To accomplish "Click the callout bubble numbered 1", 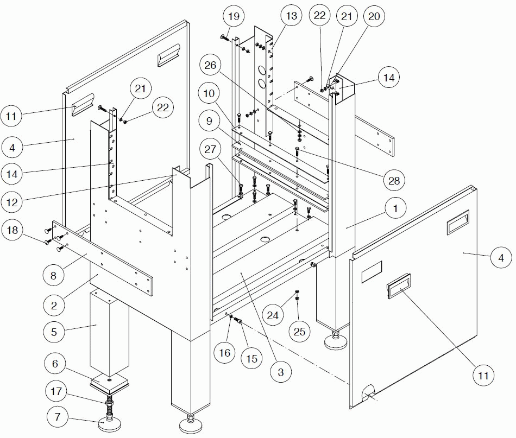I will (x=396, y=208).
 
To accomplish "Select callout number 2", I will (x=54, y=306).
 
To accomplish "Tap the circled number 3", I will (x=280, y=372).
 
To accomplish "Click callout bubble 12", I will (x=13, y=202).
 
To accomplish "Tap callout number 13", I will (x=292, y=16).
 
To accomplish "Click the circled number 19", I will (x=233, y=16).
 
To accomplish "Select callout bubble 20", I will (x=374, y=16).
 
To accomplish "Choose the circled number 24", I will (x=275, y=313).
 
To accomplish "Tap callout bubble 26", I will (x=210, y=66).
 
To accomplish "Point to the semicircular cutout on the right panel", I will (x=369, y=392).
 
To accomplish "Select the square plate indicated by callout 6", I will (x=110, y=384).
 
